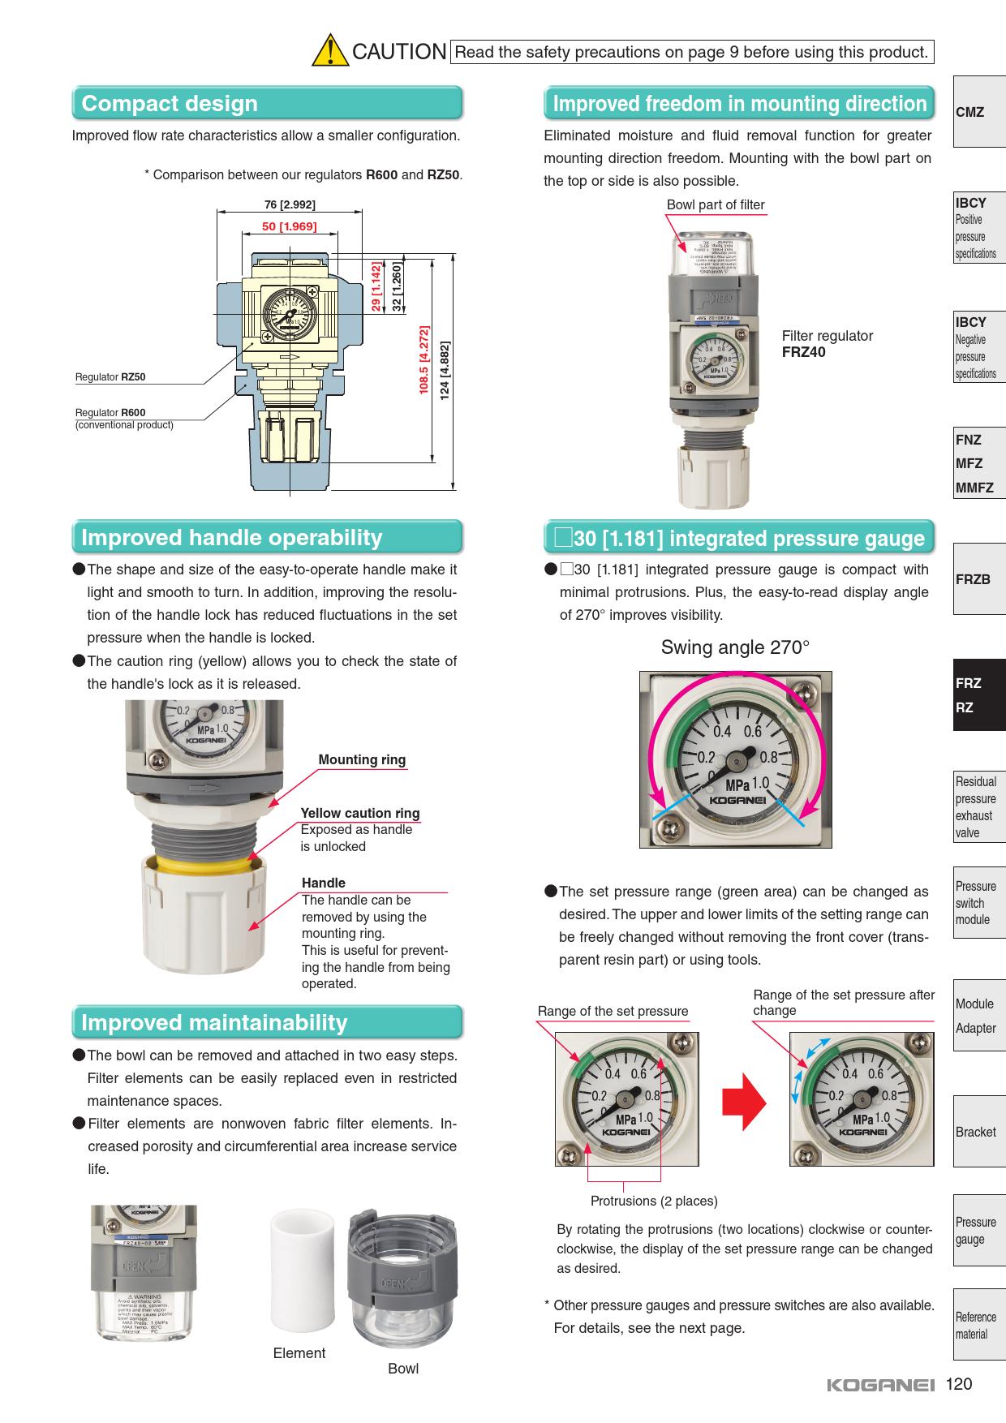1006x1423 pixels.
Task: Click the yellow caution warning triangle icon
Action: (x=329, y=50)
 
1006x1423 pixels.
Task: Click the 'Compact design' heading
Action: (x=170, y=104)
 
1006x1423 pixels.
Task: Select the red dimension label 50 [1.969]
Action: (x=289, y=226)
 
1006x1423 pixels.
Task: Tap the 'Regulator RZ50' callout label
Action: (x=110, y=377)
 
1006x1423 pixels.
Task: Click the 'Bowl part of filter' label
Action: (x=715, y=205)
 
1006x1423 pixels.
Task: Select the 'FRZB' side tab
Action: (x=978, y=579)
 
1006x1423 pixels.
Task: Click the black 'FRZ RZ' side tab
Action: (x=978, y=694)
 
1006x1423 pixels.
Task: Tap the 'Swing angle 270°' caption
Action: (x=735, y=647)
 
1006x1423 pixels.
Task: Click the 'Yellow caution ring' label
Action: (x=360, y=813)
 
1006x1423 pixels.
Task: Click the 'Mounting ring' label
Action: (x=362, y=759)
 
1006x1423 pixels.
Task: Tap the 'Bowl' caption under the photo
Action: (x=403, y=1369)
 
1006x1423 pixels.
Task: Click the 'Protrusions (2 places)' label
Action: (x=654, y=1201)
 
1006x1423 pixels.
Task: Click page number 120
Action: (x=959, y=1384)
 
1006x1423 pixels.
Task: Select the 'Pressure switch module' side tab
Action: (x=978, y=903)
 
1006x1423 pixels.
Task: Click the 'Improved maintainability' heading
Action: (x=214, y=1023)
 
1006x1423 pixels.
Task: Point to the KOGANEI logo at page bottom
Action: (x=881, y=1386)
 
